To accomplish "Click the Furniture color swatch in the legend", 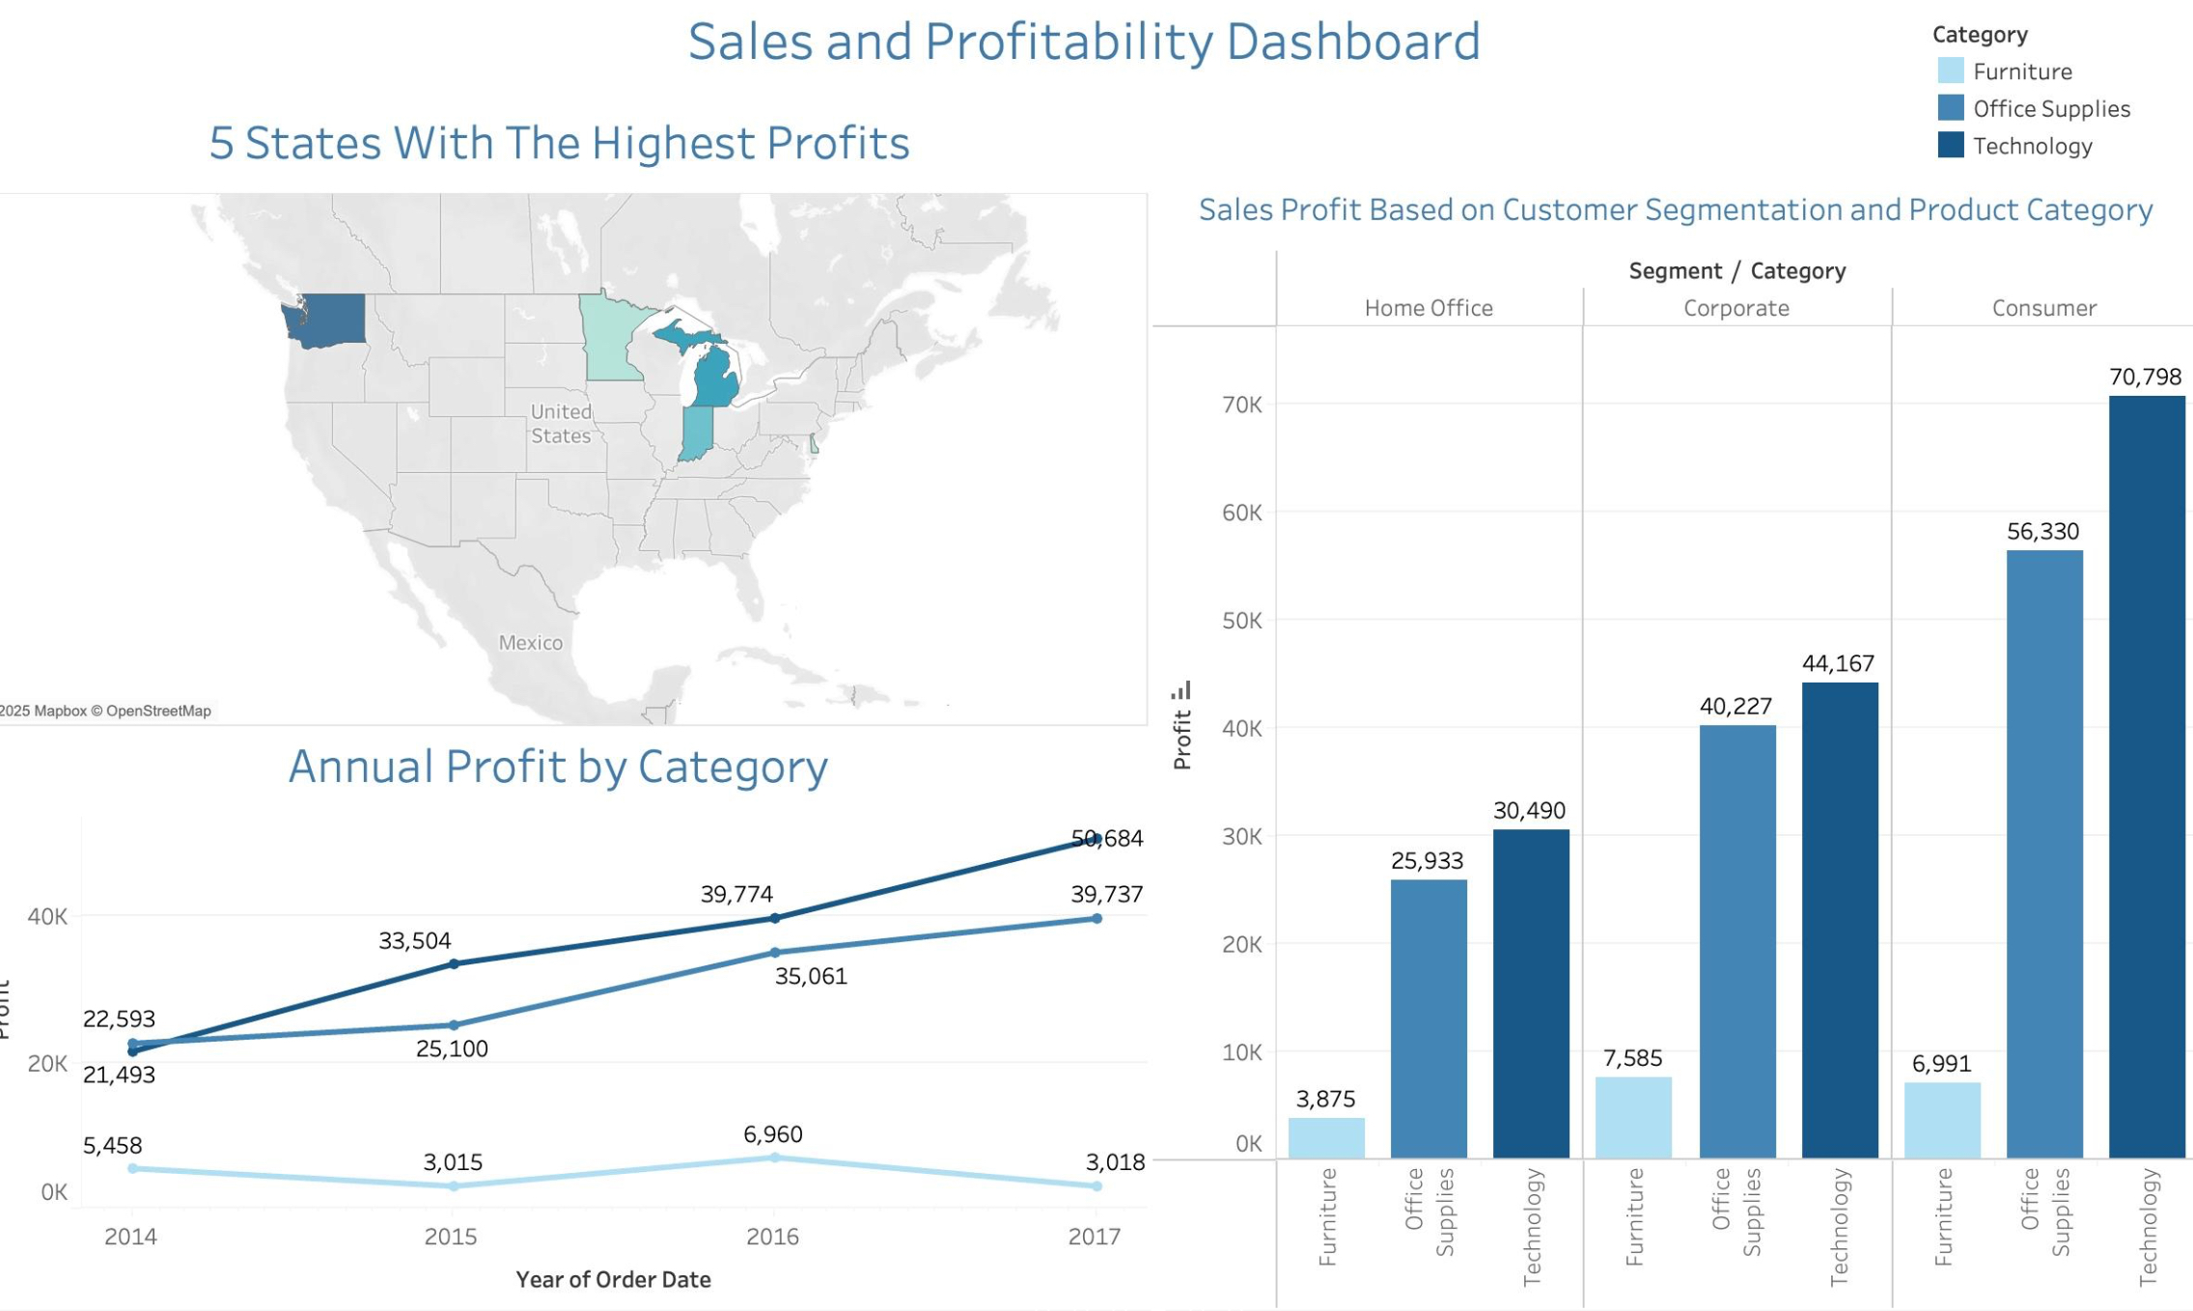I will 1950,70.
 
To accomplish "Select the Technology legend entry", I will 2031,146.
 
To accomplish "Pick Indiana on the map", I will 696,432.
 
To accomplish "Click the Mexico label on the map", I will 530,642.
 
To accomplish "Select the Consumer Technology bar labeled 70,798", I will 2146,772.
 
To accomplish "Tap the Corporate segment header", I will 1735,308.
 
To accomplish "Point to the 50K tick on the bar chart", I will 1241,620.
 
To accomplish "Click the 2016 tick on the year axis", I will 772,1236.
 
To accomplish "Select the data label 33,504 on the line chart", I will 414,940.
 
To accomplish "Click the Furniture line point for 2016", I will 774,1157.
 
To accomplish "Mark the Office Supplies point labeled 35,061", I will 774,952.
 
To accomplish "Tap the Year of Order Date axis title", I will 613,1279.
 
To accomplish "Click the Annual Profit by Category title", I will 558,767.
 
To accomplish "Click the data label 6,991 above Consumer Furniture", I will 1940,1063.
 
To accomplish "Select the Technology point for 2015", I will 454,963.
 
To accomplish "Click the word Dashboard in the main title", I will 1351,42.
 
